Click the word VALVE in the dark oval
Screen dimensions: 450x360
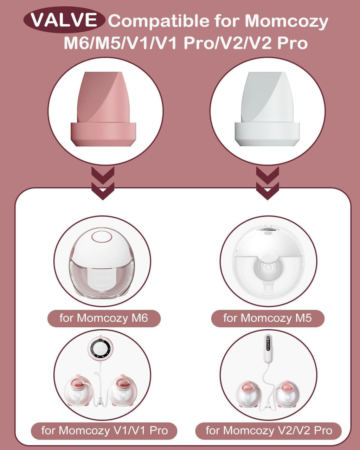[64, 20]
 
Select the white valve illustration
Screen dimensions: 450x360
[267, 109]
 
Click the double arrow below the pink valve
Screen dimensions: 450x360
[103, 183]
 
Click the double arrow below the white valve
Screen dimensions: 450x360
[268, 183]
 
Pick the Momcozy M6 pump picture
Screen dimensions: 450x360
[102, 262]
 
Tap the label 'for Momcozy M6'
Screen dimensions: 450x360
[104, 318]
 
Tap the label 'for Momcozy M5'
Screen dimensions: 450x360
[268, 318]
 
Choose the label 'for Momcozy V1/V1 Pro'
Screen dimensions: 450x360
[104, 430]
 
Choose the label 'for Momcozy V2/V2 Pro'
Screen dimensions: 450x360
[269, 430]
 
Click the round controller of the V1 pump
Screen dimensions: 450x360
[101, 349]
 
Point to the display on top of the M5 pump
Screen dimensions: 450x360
[269, 229]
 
